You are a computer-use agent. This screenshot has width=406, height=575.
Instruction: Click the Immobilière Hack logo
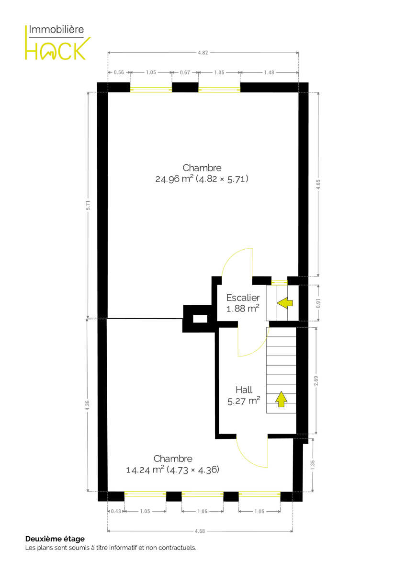58,42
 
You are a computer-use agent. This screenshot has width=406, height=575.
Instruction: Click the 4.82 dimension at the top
203,53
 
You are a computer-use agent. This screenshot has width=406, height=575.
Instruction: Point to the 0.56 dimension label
119,72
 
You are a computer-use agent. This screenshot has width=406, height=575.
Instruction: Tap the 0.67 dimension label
185,72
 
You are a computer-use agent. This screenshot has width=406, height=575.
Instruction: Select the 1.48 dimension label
269,72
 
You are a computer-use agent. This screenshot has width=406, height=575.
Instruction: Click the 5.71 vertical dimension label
88,205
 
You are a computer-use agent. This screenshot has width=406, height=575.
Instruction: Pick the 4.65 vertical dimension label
318,184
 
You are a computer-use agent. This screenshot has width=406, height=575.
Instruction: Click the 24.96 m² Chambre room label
202,173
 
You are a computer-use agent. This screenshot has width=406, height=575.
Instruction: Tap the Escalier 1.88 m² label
243,303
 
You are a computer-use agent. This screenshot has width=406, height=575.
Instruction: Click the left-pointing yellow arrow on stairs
285,303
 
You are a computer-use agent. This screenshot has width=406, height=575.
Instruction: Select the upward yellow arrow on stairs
281,399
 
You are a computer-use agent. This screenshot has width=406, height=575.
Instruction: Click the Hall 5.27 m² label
244,395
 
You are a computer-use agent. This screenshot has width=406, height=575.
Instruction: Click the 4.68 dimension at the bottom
200,531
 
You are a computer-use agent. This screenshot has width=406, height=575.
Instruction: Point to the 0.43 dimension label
116,511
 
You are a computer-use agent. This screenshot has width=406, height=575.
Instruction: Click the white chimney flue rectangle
200,319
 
